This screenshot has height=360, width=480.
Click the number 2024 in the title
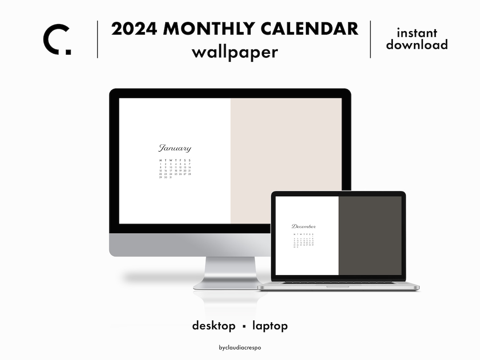click(134, 29)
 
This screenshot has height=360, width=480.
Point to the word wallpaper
click(235, 52)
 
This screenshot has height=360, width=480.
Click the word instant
click(417, 33)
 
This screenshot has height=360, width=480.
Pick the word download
click(417, 44)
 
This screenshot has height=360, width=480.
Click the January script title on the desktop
click(175, 148)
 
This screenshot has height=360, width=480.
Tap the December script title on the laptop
click(304, 227)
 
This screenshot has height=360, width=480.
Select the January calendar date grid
click(175, 169)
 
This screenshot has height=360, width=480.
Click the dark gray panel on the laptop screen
click(370, 236)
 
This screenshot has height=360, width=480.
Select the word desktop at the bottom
click(214, 326)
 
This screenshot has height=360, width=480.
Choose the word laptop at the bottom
click(270, 326)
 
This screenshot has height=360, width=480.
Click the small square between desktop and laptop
click(244, 327)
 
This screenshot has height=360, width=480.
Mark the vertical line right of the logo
click(97, 39)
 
